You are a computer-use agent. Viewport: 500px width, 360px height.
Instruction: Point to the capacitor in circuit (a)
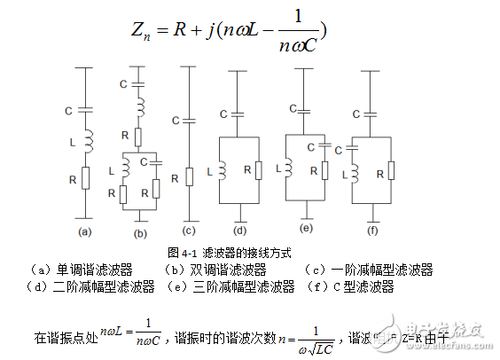point(86,110)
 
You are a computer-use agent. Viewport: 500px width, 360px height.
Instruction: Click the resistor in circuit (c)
point(191,176)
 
